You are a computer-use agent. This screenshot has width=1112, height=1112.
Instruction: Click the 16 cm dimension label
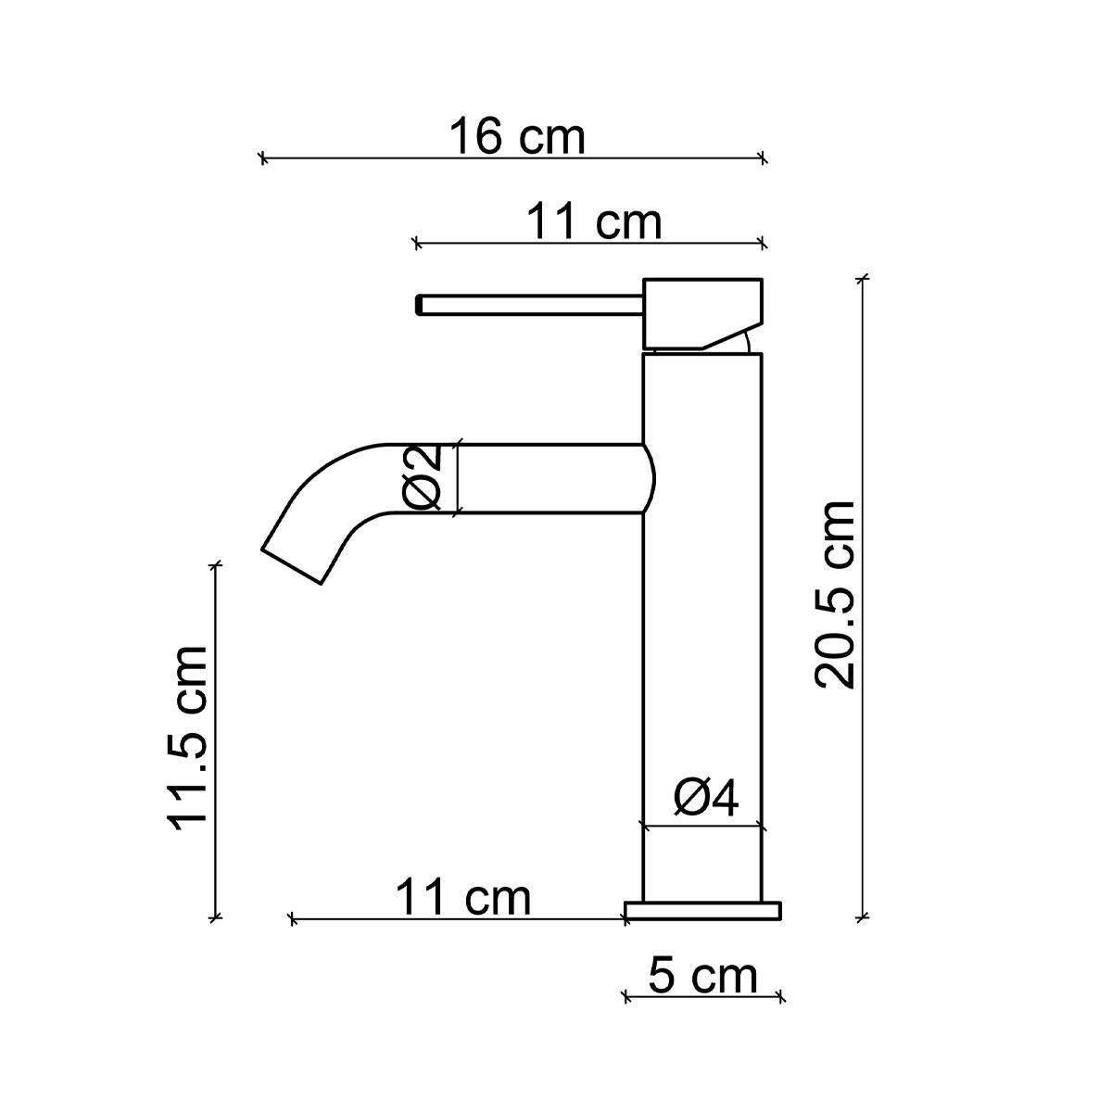click(x=517, y=137)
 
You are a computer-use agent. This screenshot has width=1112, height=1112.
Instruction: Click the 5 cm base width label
click(x=702, y=976)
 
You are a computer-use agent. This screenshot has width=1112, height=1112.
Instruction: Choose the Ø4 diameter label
click(x=706, y=799)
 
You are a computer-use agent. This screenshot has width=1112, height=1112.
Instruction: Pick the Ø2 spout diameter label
click(x=423, y=478)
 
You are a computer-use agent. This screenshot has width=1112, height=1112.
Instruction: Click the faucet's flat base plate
click(x=703, y=911)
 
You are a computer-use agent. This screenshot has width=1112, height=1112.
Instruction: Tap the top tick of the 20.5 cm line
click(x=864, y=277)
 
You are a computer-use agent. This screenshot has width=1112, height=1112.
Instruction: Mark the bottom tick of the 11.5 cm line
click(x=216, y=917)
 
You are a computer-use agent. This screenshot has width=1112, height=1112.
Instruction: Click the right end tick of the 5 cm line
click(x=782, y=997)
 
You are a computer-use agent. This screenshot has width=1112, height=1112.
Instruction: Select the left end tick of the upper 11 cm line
click(x=417, y=244)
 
